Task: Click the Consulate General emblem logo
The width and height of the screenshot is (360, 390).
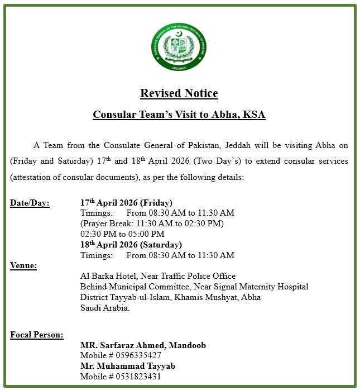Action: click(179, 51)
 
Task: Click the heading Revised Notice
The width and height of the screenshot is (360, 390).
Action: click(179, 93)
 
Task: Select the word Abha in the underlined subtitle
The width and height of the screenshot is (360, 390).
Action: click(224, 115)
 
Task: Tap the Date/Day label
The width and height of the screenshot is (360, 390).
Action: click(30, 203)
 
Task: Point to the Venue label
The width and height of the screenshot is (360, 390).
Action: click(23, 265)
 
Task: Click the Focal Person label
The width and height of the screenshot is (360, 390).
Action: click(37, 335)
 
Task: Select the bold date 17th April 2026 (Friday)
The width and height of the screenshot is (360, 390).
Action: click(126, 203)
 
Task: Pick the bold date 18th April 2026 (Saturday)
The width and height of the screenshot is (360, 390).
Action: click(131, 245)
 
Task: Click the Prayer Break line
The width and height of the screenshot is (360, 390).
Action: click(152, 223)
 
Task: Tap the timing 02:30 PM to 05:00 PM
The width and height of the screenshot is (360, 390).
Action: click(122, 234)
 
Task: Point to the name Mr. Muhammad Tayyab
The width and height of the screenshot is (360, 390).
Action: click(128, 366)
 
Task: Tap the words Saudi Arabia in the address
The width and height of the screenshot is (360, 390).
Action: click(105, 307)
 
